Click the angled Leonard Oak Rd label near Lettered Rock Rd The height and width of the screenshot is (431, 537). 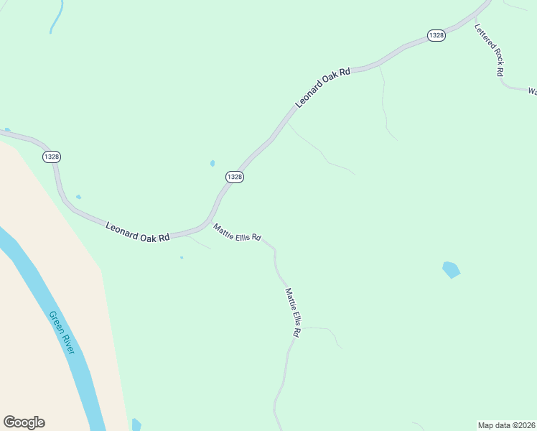click(x=323, y=88)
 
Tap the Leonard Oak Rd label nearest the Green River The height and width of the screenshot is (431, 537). click(x=138, y=231)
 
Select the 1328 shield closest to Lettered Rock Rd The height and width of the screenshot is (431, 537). click(x=435, y=35)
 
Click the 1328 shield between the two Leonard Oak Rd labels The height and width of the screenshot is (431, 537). click(x=235, y=177)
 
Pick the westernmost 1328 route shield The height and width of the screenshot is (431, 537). click(x=52, y=157)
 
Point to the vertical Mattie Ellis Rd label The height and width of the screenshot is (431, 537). click(x=292, y=312)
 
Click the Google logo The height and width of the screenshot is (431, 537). click(x=24, y=422)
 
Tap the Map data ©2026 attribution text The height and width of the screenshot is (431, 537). click(x=506, y=425)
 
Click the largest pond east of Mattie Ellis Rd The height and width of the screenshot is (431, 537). click(x=451, y=270)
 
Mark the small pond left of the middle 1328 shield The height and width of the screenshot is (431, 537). click(x=213, y=163)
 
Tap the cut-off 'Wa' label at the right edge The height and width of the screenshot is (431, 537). click(x=532, y=92)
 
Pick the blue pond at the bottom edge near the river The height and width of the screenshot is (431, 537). click(x=136, y=425)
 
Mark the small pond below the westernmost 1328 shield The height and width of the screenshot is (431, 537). click(x=78, y=197)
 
